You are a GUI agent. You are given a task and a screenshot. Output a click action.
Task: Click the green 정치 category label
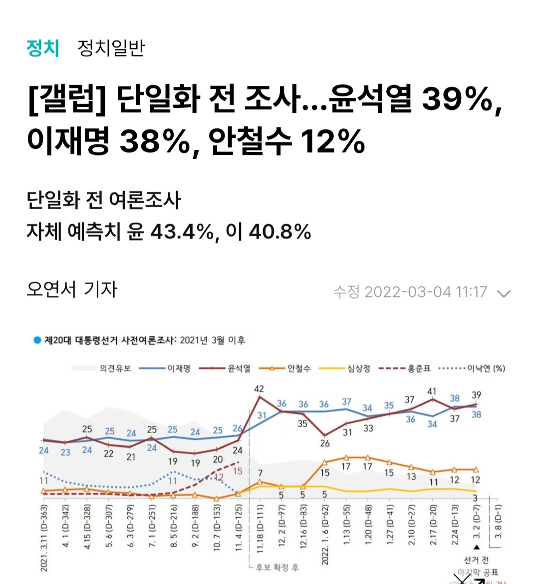(43, 48)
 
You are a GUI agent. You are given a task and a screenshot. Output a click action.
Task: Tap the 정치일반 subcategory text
(111, 48)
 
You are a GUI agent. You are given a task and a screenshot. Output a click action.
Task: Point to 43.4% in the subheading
(182, 232)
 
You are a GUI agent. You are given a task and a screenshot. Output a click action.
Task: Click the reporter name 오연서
(51, 289)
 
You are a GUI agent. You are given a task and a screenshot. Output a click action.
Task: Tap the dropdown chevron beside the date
(504, 293)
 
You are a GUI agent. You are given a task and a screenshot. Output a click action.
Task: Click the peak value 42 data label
(259, 389)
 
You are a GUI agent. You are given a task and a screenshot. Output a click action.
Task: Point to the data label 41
(432, 392)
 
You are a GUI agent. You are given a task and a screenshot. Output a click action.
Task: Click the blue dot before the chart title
(37, 340)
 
